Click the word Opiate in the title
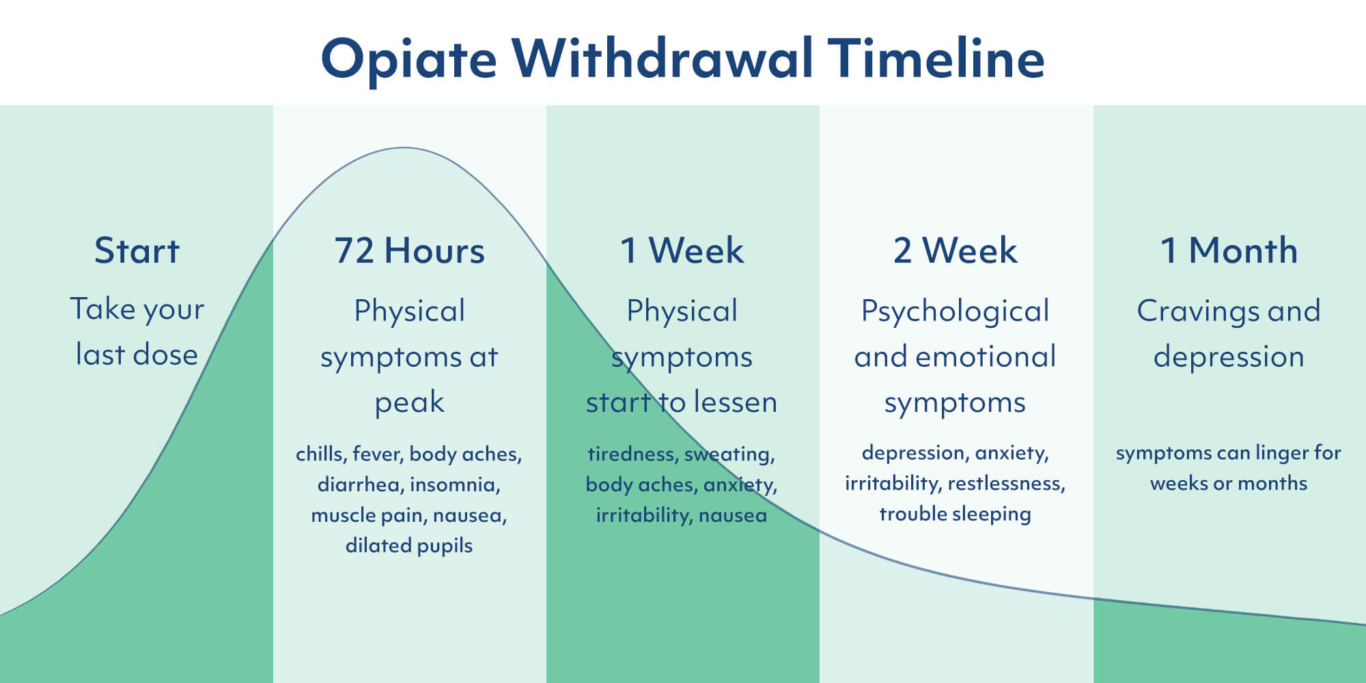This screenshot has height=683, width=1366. click(408, 59)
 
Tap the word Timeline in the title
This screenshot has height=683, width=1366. click(936, 58)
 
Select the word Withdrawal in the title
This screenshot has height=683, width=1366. click(662, 58)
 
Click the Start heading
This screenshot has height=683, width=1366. click(137, 251)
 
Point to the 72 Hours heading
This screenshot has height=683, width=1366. click(409, 251)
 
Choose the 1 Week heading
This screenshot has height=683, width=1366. click(682, 251)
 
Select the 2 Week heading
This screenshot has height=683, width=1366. click(955, 251)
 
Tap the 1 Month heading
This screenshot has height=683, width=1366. click(1229, 251)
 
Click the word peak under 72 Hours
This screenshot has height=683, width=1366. click(409, 403)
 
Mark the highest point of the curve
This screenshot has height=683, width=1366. click(404, 148)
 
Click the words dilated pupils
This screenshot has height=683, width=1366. click(409, 546)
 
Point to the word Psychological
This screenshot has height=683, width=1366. click(955, 312)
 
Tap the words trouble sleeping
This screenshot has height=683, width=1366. click(955, 514)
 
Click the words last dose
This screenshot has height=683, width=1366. click(137, 354)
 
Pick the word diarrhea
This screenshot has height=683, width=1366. click(359, 484)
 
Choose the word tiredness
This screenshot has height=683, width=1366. click(631, 454)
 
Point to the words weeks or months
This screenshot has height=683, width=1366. click(1228, 484)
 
